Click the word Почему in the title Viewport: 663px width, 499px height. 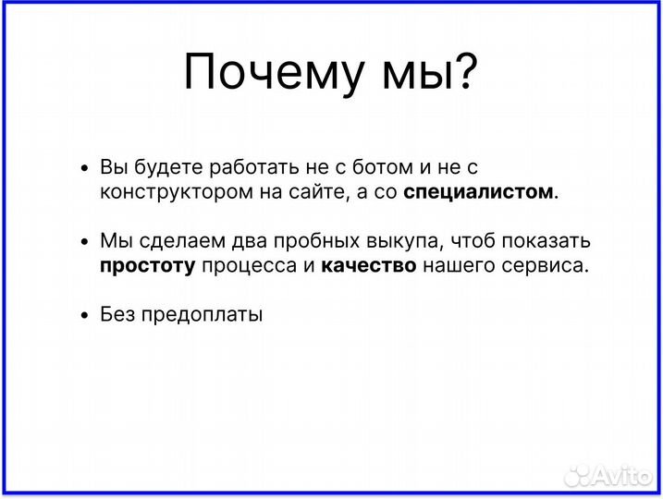click(268, 72)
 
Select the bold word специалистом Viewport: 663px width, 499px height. click(481, 192)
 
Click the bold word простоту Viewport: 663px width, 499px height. click(147, 266)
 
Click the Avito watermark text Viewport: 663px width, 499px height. click(623, 474)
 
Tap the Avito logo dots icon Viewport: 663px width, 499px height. click(577, 474)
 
